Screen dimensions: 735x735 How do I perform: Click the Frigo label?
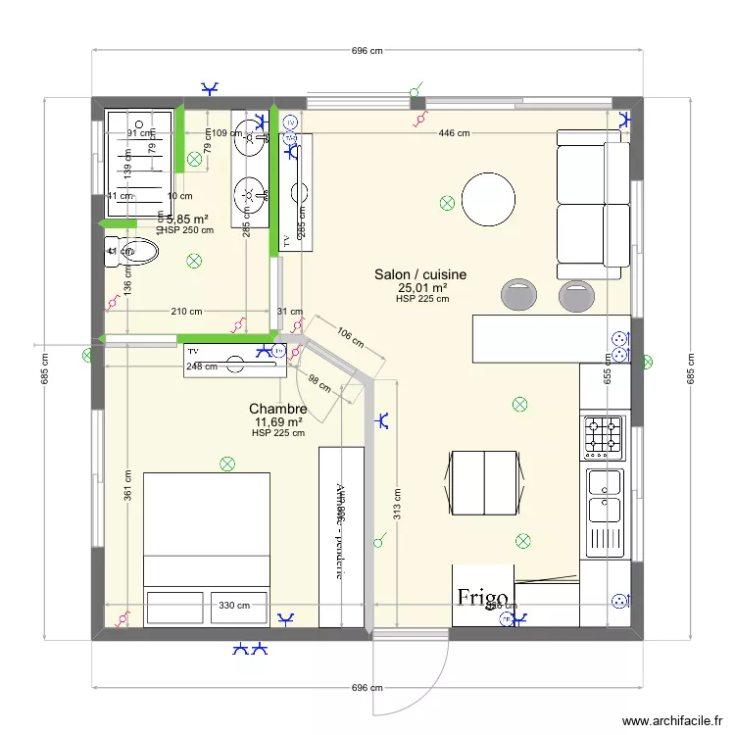coord(481,597)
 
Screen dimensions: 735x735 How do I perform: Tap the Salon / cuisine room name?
coord(420,275)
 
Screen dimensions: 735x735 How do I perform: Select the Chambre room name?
coord(278,409)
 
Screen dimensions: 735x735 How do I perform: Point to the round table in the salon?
coord(488,199)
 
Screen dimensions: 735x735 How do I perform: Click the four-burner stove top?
coord(604,438)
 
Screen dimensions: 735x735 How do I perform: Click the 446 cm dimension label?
coord(453,133)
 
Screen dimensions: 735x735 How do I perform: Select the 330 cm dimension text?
coord(234,606)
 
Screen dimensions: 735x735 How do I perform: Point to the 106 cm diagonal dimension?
coord(350,337)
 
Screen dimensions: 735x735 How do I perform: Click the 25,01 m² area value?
coord(422,288)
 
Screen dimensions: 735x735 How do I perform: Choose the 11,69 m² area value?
coord(278,421)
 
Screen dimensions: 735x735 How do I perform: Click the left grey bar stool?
coord(518,292)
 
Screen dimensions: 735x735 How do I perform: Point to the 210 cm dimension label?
coord(186,313)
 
